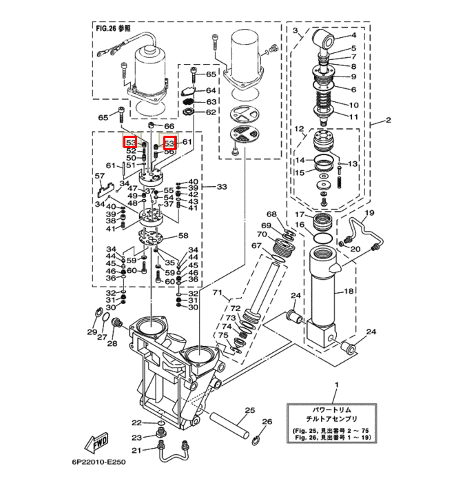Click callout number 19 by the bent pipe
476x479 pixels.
(369, 212)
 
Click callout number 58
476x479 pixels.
(183, 236)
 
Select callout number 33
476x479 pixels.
(222, 187)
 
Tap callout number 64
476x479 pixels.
(211, 91)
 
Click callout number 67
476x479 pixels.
(256, 245)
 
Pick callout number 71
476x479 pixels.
(218, 294)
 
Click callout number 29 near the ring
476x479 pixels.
(91, 332)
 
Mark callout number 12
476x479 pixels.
(299, 129)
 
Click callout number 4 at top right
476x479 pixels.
(353, 34)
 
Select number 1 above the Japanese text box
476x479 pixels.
(337, 384)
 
